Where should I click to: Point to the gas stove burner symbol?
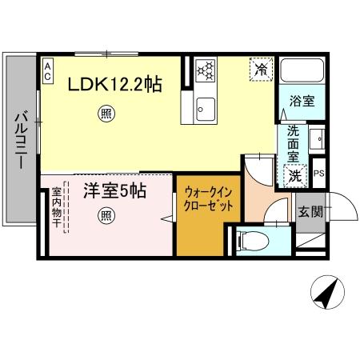206,70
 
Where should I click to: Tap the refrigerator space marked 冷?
261,70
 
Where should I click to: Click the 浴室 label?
302,102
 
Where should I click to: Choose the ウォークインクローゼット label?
208,198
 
